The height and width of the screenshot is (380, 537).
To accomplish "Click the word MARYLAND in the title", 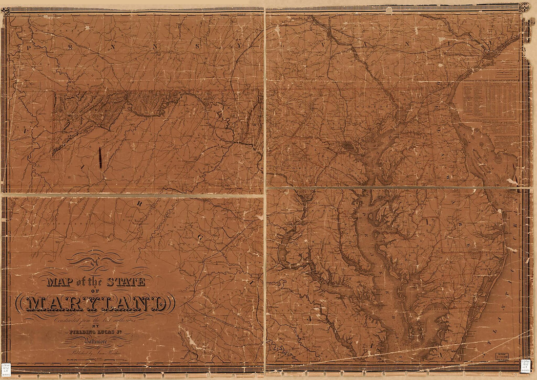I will [95, 304].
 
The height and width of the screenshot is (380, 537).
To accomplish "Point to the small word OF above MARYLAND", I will [96, 291].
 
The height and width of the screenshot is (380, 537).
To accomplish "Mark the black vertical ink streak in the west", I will [101, 158].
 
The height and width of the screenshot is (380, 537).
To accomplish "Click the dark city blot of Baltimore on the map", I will [347, 145].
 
